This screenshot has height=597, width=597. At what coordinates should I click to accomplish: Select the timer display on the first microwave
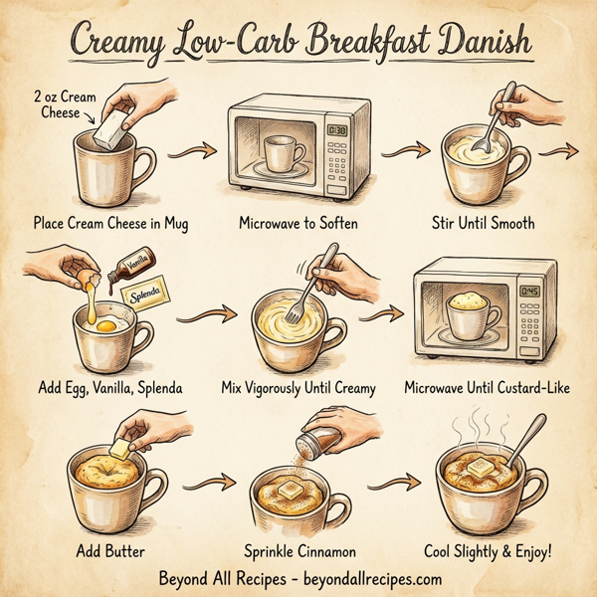point(336,130)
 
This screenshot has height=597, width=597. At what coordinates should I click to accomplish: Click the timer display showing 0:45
point(531,291)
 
